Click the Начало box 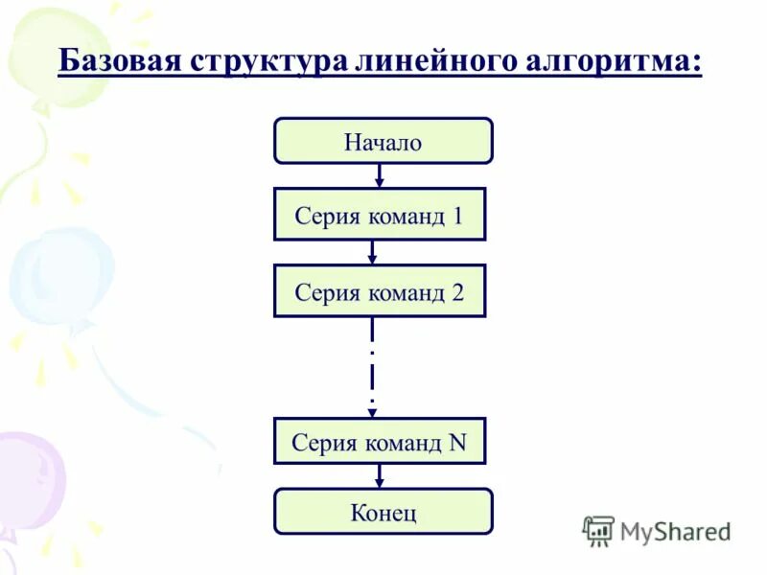[x=383, y=142]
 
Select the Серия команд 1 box [x=380, y=215]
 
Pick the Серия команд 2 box [x=380, y=291]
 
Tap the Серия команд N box [x=380, y=443]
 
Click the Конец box [x=383, y=512]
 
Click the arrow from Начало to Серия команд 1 [x=380, y=176]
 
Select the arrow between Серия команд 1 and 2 [x=373, y=252]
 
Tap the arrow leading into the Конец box [x=380, y=476]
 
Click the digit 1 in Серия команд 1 [x=457, y=216]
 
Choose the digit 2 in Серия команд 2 [x=457, y=292]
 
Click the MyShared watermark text [x=675, y=530]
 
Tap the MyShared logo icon [x=598, y=531]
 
